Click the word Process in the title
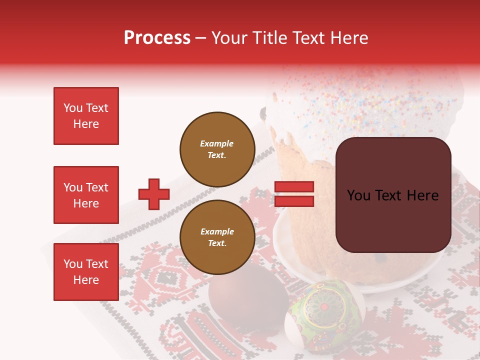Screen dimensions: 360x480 [x=157, y=38]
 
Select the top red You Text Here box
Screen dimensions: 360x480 [x=86, y=116]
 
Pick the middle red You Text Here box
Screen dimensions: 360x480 [x=86, y=195]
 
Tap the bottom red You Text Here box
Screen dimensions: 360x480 [x=86, y=272]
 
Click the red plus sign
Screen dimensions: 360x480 [x=154, y=194]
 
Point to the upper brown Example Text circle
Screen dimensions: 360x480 [x=217, y=149]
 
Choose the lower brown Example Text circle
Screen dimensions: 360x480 [x=217, y=237]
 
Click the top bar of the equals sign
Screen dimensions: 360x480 [x=294, y=187]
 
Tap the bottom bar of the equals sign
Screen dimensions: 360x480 [x=294, y=201]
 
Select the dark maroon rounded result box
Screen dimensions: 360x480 [x=393, y=195]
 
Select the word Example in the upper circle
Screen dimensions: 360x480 [x=217, y=143]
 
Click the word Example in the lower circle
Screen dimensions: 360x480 [x=217, y=231]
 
